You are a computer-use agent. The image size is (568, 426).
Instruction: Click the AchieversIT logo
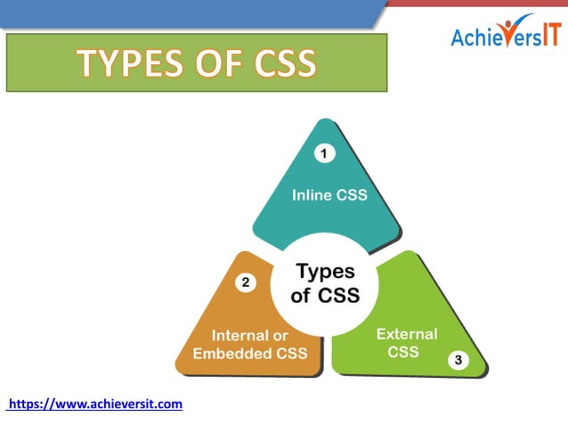(505, 36)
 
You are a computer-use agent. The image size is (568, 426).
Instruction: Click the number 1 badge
(325, 153)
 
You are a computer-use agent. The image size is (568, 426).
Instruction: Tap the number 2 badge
(247, 283)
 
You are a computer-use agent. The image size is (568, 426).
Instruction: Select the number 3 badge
(458, 360)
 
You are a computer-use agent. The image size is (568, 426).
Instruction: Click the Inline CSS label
(329, 195)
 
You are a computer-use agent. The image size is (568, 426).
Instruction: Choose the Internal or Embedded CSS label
(250, 344)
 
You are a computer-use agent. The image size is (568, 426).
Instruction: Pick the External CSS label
(406, 342)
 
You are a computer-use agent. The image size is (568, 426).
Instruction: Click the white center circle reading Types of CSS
(325, 283)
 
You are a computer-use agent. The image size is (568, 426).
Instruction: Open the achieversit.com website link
(94, 404)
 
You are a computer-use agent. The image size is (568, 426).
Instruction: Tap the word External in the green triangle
(407, 334)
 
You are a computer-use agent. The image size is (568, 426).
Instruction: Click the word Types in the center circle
(325, 272)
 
